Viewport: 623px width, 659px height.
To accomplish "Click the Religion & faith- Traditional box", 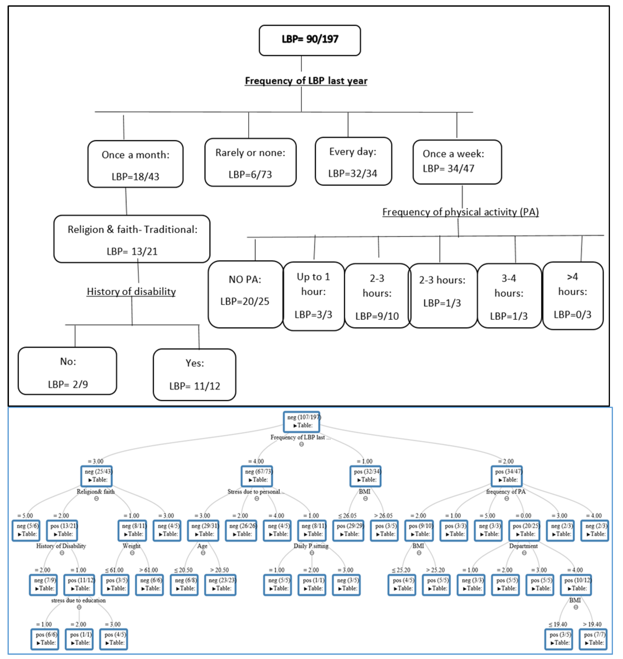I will click(132, 239).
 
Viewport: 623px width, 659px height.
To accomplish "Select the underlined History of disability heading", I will click(131, 292).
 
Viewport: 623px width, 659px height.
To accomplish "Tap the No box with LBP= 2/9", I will click(67, 371).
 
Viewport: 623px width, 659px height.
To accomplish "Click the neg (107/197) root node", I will click(302, 422).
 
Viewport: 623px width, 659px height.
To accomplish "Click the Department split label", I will click(523, 546).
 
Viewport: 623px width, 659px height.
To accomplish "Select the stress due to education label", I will click(78, 600).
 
